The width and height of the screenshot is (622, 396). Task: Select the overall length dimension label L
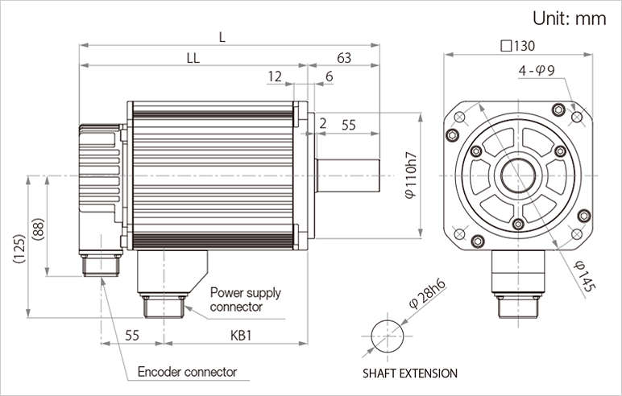pos(222,37)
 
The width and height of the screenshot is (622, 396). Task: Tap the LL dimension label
pos(193,58)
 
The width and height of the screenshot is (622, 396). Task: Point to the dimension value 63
pos(344,58)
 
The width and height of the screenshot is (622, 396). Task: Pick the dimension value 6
pos(329,76)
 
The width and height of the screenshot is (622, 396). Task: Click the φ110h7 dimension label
pos(410,175)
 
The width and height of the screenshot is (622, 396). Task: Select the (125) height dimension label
pos(19,249)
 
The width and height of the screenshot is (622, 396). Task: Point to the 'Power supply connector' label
pos(246,299)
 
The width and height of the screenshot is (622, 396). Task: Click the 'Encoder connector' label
pos(187,372)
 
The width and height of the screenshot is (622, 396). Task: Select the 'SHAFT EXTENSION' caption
pos(409,373)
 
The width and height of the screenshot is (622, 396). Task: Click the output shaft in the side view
pos(347,175)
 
